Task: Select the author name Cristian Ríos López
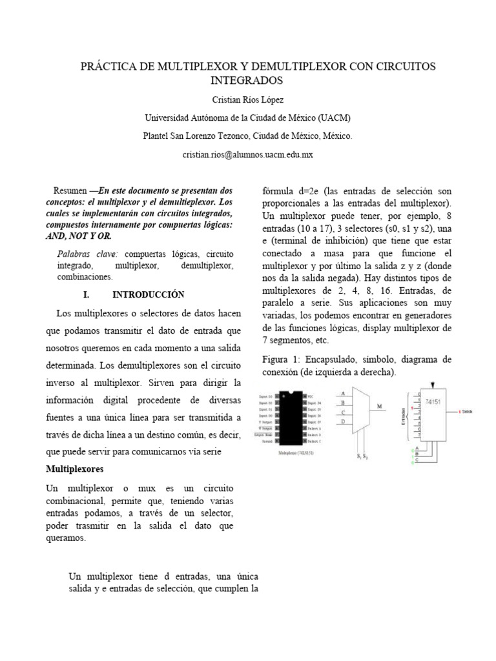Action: pyautogui.click(x=248, y=100)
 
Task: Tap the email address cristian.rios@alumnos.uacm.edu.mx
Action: pyautogui.click(x=248, y=155)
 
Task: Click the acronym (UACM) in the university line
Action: pyautogui.click(x=334, y=118)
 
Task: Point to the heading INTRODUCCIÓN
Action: pyautogui.click(x=149, y=294)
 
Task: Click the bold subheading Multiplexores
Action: pyautogui.click(x=76, y=468)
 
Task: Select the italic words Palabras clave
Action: pyautogui.click(x=82, y=254)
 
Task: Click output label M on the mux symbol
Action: pyautogui.click(x=381, y=407)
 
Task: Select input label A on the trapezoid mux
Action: pyautogui.click(x=343, y=393)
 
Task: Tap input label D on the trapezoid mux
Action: pyautogui.click(x=343, y=422)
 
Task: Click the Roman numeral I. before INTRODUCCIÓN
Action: pyautogui.click(x=87, y=294)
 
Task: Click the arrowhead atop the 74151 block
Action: pyautogui.click(x=432, y=385)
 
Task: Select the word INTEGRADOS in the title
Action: pyautogui.click(x=247, y=81)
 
